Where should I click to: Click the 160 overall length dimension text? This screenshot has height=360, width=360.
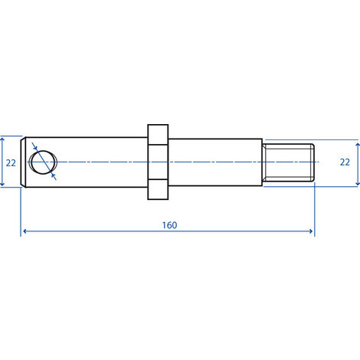(169, 225)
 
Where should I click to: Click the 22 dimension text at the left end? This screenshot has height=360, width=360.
(10, 162)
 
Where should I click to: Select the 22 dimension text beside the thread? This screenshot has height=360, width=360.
(346, 162)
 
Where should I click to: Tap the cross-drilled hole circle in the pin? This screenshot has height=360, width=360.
(44, 162)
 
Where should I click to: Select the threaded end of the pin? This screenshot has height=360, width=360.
(289, 162)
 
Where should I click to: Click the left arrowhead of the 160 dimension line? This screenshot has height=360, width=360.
(25, 231)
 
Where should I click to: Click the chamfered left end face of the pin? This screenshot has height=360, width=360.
(25, 162)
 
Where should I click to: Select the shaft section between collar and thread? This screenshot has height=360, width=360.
(214, 162)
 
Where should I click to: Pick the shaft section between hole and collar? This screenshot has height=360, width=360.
(100, 162)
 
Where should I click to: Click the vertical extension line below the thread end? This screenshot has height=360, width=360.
(314, 207)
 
